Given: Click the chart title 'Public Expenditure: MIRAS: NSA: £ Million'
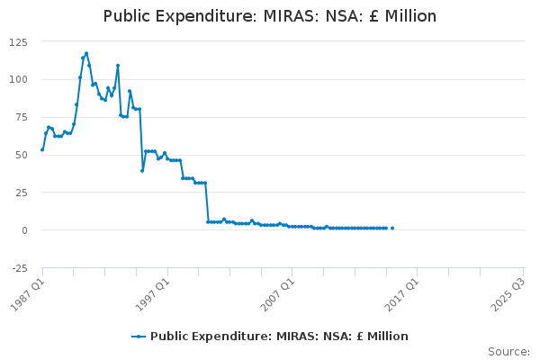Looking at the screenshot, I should [270, 16].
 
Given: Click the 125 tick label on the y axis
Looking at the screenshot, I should [18, 42].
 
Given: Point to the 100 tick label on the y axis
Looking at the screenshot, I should [18, 79].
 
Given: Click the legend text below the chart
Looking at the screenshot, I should [279, 337].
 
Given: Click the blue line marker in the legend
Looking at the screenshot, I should [139, 337].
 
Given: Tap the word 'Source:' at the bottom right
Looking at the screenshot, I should [508, 352].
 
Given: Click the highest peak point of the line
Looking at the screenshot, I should [86, 53].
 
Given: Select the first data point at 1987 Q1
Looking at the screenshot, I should [42, 149].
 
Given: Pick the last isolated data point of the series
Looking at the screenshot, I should [392, 228].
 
